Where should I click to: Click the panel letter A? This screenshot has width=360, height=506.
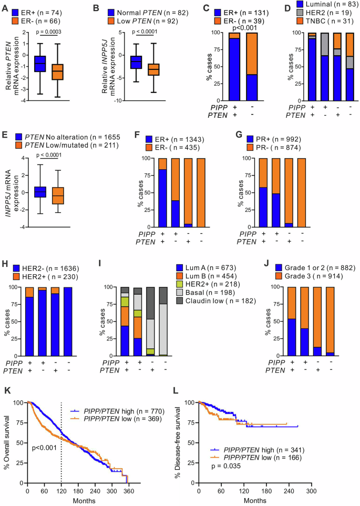pos(4,6)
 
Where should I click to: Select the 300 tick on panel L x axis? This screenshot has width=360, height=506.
pos(312,489)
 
